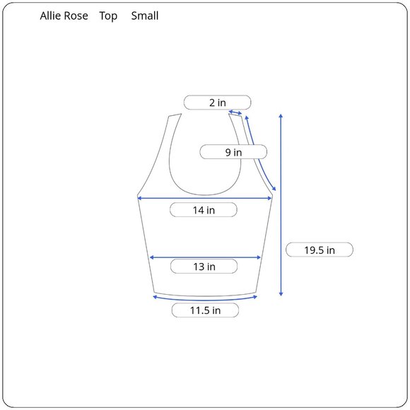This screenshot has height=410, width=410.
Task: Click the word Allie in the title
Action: [50, 16]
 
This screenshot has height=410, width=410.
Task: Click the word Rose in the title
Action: [76, 16]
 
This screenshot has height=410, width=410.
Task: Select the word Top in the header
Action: [108, 16]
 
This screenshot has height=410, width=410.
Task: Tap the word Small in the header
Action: [145, 16]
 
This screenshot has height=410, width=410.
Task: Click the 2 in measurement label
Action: [217, 102]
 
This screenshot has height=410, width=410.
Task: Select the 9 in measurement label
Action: [233, 152]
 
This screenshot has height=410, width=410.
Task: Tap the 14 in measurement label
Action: [204, 210]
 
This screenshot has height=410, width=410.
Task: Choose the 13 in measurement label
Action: [204, 266]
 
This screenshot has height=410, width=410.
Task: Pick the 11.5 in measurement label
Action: [205, 310]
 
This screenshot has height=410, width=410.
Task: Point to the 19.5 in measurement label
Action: [320, 250]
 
